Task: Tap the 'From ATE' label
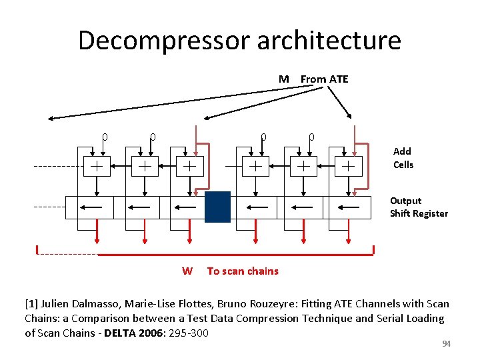[324, 79]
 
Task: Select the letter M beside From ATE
[284, 79]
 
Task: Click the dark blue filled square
[217, 207]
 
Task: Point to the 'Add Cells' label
[403, 158]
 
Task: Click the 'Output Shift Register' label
[419, 207]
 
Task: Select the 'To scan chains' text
[243, 271]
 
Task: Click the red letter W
[187, 271]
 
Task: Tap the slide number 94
[447, 343]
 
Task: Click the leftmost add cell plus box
[97, 165]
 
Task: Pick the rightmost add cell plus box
[348, 165]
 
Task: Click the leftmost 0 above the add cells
[105, 137]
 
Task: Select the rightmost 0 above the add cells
[311, 137]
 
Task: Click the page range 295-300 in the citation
[189, 333]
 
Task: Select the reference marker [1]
[33, 304]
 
